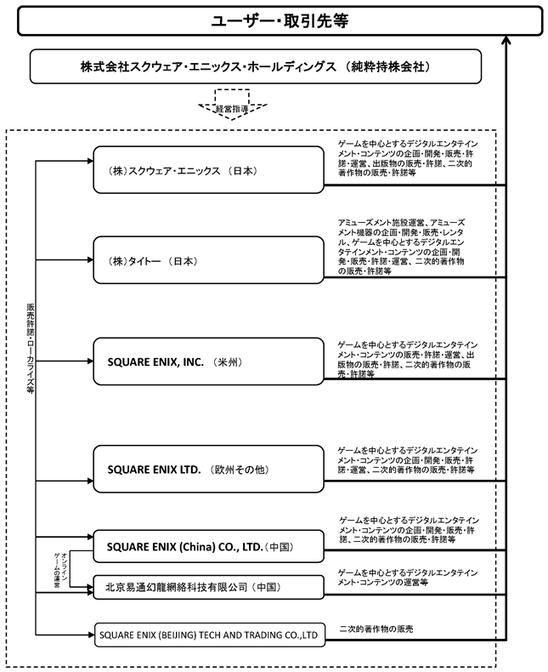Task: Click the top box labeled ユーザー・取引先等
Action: tap(280, 20)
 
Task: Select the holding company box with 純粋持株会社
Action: tap(256, 66)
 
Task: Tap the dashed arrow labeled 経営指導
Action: tap(233, 105)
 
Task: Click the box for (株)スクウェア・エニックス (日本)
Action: tap(208, 170)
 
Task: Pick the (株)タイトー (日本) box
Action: tap(208, 260)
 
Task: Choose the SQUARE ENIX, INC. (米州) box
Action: tap(208, 362)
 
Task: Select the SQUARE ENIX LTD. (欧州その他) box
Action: tap(208, 469)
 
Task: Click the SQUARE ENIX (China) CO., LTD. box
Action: tap(208, 546)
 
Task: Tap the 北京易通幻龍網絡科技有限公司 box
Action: tap(208, 587)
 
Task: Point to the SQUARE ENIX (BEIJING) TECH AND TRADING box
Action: tap(209, 635)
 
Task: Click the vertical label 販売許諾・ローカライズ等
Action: tap(30, 349)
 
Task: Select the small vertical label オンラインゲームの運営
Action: tap(60, 570)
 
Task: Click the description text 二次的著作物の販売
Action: tap(376, 629)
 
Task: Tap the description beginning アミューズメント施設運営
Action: tap(401, 247)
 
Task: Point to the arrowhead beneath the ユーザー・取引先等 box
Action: tap(506, 40)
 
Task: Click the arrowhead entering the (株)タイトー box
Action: tap(90, 259)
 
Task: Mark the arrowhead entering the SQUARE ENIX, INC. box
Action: tap(90, 362)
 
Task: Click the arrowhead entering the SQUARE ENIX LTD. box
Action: tap(90, 481)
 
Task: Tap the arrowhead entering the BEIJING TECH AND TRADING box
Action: tap(91, 635)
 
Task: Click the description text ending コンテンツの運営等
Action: tap(407, 578)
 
